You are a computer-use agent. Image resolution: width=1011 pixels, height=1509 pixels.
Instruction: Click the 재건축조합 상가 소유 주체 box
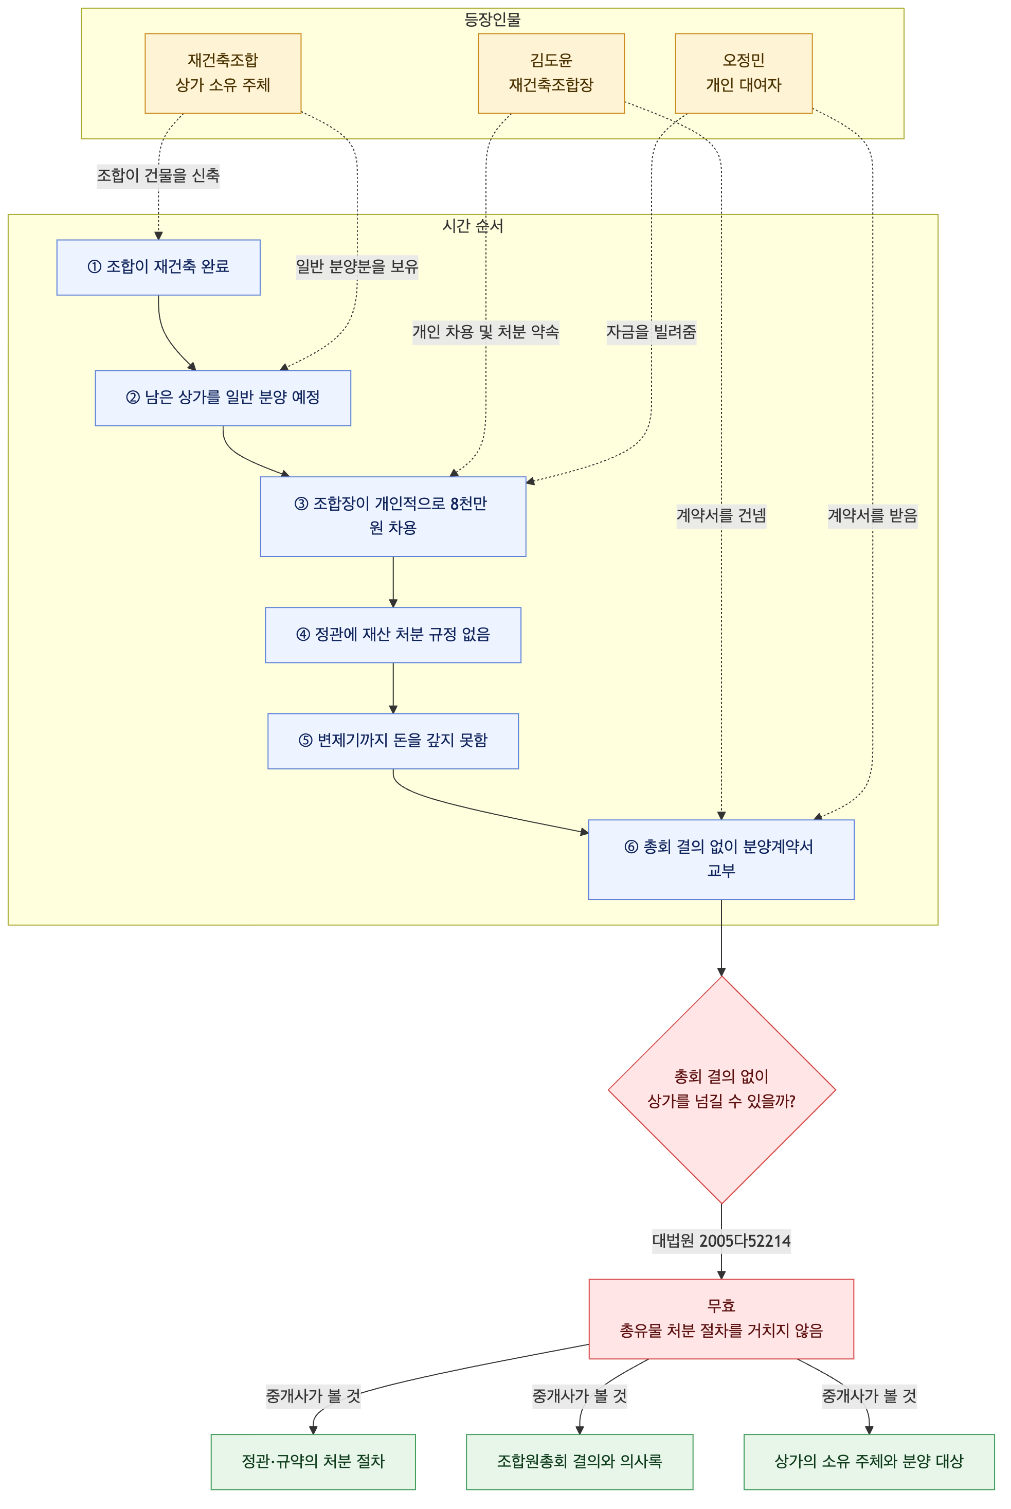click(x=223, y=73)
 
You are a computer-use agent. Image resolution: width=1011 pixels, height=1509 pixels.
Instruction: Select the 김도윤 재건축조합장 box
click(x=551, y=73)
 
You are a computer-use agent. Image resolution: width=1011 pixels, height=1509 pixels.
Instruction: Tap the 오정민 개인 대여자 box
click(x=744, y=73)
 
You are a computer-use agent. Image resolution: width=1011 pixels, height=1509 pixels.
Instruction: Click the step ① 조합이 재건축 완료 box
click(x=158, y=267)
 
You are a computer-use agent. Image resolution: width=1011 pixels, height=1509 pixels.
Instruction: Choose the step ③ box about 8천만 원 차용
click(x=393, y=516)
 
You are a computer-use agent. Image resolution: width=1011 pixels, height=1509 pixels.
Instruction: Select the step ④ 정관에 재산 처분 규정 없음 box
click(x=393, y=635)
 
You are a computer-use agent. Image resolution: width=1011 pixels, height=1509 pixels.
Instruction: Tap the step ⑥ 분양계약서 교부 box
click(x=721, y=859)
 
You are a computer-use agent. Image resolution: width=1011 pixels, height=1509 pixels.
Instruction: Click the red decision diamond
click(x=721, y=1090)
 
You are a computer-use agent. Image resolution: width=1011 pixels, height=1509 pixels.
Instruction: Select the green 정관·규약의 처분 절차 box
click(x=313, y=1461)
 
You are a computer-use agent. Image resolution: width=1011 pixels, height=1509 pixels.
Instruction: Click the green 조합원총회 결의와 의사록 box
click(x=579, y=1461)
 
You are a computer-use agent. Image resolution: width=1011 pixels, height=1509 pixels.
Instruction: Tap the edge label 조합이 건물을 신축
click(x=158, y=175)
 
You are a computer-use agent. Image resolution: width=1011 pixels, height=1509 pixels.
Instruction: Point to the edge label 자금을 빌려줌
click(x=651, y=332)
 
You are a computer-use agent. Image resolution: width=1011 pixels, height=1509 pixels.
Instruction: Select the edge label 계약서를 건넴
click(x=721, y=516)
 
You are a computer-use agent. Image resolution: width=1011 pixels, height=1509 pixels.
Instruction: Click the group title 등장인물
click(x=492, y=20)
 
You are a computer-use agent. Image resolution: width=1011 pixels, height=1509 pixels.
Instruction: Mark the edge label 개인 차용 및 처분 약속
click(x=485, y=332)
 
